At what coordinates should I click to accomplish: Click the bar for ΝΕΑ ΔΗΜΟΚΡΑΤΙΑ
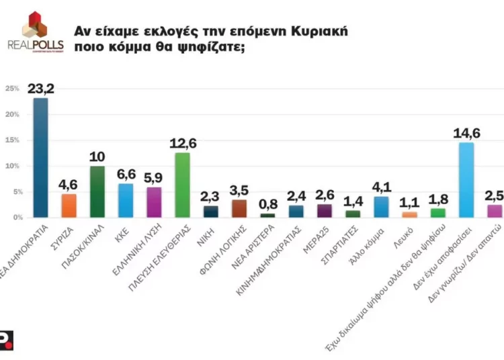[x=40, y=158]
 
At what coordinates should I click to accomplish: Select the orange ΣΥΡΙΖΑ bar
[x=69, y=206]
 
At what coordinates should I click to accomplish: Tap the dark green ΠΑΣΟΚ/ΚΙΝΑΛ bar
[x=97, y=191]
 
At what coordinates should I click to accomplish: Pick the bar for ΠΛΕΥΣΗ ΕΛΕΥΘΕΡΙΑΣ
[x=182, y=185]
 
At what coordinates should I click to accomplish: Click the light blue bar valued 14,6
[x=466, y=180]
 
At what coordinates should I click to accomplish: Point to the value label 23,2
[x=41, y=88]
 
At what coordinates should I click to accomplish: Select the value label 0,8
[x=267, y=202]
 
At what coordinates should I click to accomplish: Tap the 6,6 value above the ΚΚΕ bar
[x=126, y=173]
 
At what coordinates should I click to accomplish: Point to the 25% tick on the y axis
[x=12, y=89]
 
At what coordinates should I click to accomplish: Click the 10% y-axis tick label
[x=12, y=166]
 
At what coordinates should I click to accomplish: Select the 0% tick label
[x=13, y=218]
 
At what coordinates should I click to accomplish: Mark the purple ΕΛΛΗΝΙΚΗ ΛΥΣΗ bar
[x=154, y=202]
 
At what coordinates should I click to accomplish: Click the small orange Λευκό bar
[x=409, y=215]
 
